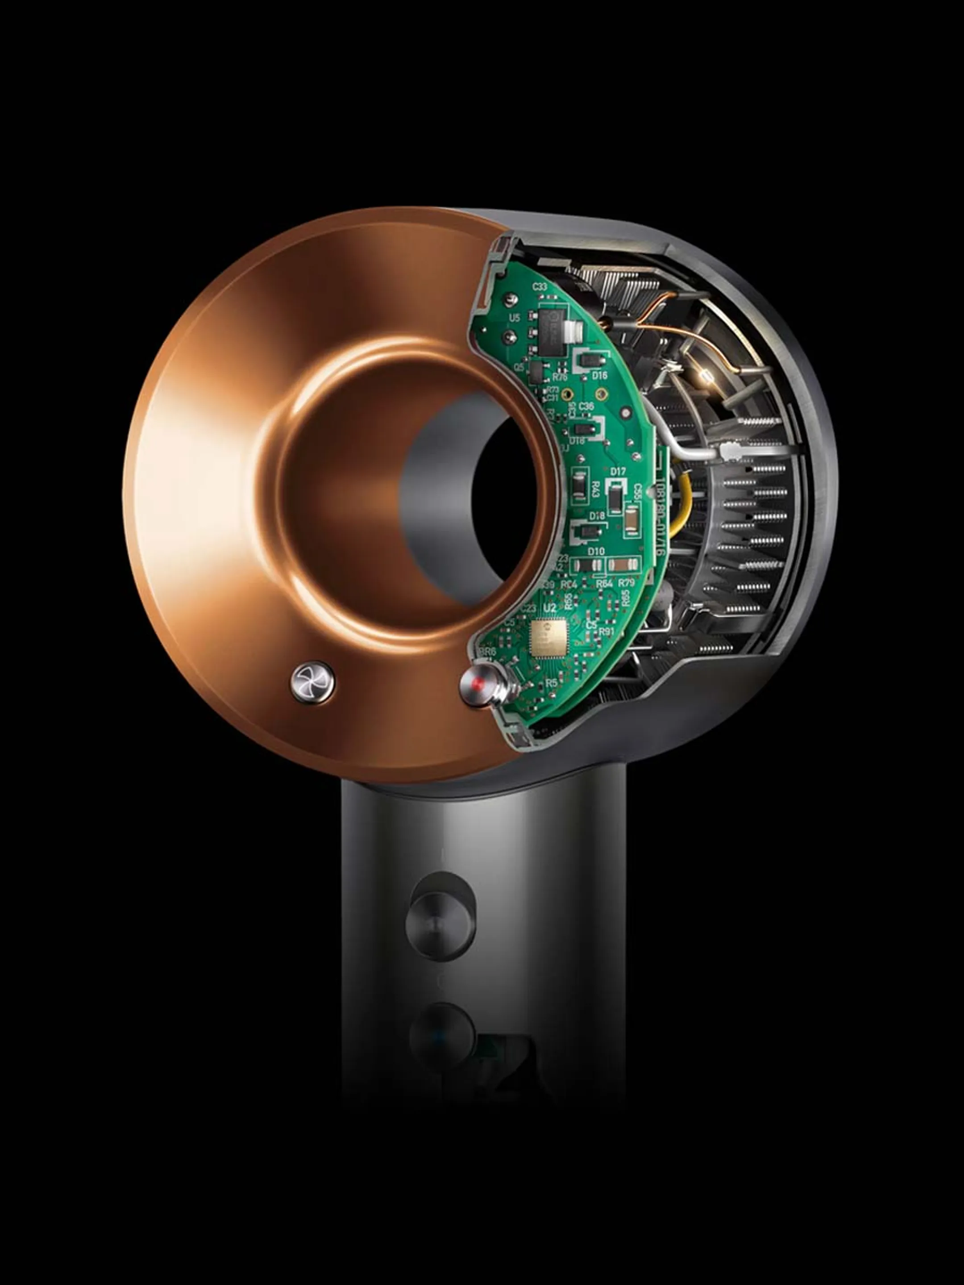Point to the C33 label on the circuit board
coord(539,286)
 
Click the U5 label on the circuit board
coord(514,318)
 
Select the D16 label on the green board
coord(600,375)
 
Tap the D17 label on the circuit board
coord(618,472)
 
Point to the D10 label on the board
coord(596,551)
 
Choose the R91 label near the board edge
coord(607,630)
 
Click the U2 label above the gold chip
coord(548,608)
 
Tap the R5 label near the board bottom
coord(551,683)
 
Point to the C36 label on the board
coord(586,406)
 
